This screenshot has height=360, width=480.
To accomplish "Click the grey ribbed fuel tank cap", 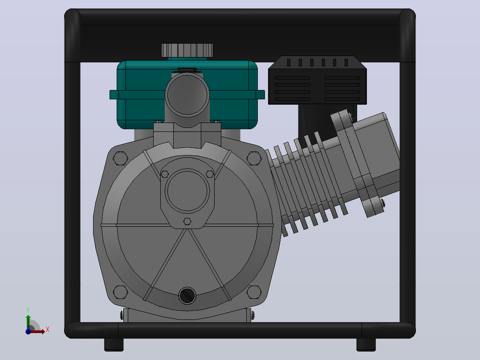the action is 187,50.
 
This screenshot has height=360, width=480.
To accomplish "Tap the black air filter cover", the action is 317,80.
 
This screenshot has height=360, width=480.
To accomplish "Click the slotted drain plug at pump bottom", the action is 187,296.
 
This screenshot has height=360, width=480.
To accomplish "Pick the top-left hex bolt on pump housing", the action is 120,158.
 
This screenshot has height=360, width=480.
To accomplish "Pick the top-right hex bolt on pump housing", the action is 254,158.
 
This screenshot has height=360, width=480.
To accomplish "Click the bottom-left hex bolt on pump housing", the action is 120,292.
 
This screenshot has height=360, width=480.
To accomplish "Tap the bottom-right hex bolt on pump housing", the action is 254,292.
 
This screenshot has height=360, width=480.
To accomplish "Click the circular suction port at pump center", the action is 187,191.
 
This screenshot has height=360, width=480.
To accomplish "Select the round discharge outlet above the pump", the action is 187,95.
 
